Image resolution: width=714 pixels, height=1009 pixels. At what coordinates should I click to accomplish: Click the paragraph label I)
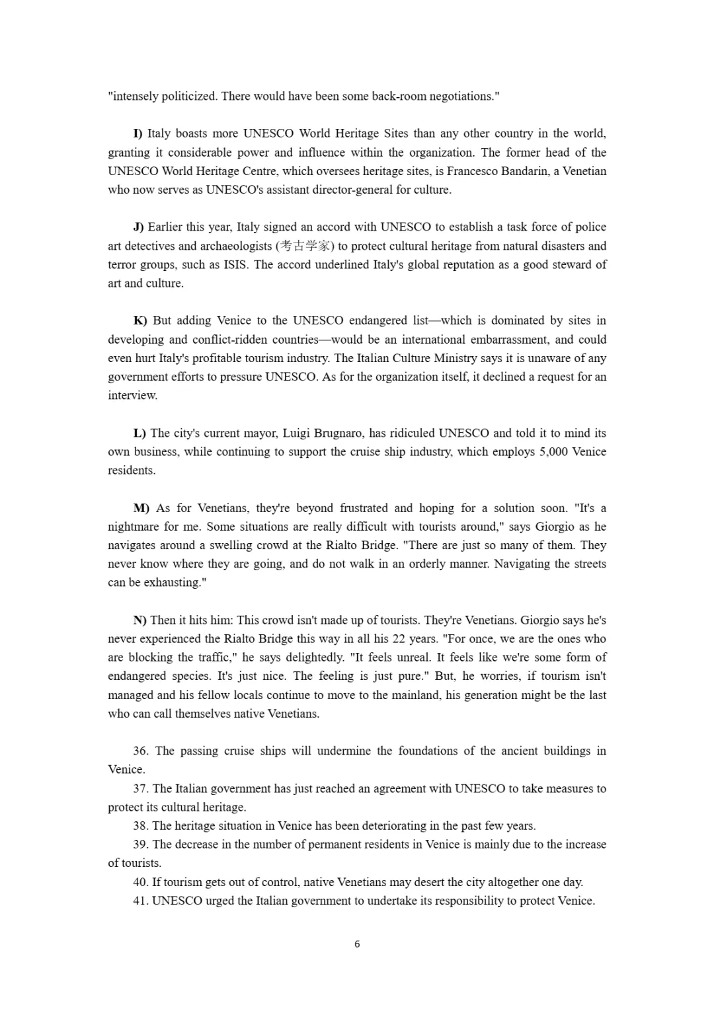138,133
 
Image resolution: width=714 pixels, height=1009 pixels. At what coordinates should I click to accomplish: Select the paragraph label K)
140,320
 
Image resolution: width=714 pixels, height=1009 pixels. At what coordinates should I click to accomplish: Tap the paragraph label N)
140,620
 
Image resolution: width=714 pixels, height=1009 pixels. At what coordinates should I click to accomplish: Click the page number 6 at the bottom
357,944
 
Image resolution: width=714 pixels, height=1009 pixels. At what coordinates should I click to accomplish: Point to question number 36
141,751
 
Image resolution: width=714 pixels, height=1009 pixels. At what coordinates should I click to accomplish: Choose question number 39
140,844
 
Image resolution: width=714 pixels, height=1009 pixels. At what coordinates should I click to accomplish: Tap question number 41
140,901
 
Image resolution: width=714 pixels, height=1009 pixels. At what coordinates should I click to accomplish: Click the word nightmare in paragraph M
133,527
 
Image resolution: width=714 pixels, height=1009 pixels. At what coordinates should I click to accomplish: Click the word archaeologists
235,246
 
